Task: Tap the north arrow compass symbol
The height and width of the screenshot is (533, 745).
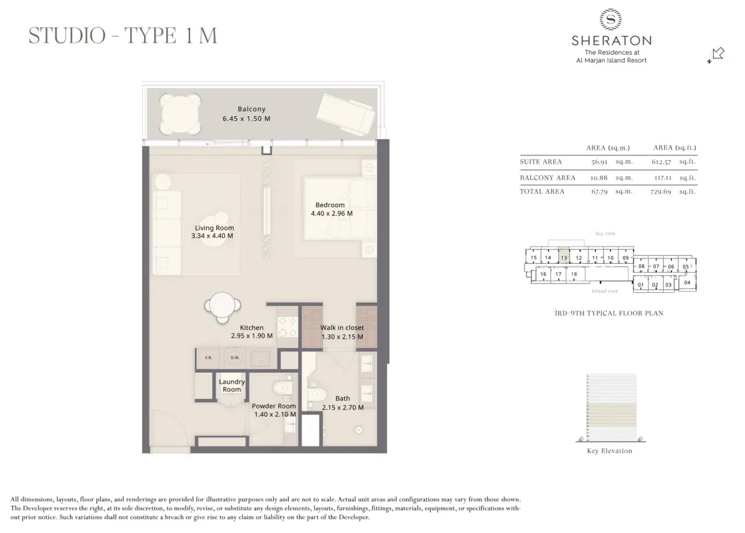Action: (716, 55)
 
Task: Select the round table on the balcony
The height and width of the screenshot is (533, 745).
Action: (181, 114)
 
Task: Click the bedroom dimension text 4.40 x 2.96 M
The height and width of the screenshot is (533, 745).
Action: (332, 213)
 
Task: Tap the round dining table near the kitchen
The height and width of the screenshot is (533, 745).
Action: (222, 307)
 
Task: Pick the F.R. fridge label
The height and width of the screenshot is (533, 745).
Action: (209, 358)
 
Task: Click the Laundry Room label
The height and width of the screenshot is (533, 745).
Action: (231, 385)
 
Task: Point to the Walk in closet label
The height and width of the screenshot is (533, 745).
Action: (342, 328)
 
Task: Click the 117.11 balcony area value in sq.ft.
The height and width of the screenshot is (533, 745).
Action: (662, 178)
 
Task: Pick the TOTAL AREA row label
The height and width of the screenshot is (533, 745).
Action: (542, 192)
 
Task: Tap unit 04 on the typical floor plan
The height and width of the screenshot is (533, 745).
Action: (687, 282)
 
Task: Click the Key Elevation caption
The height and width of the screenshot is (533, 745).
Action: (609, 451)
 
